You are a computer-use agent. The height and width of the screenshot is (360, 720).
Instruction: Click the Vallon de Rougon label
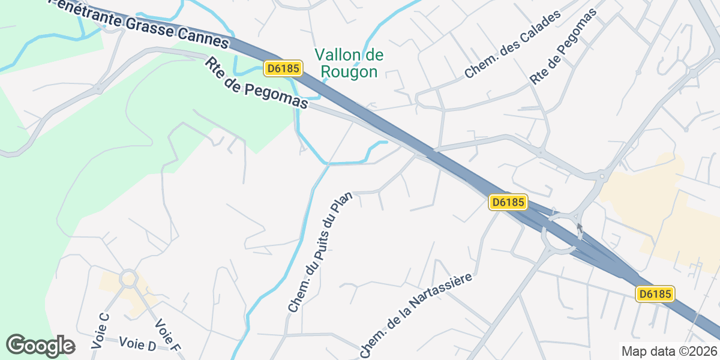349,64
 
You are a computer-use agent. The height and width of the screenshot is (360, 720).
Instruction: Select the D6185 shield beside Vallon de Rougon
283,68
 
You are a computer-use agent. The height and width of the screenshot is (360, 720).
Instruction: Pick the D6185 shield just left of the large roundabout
508,202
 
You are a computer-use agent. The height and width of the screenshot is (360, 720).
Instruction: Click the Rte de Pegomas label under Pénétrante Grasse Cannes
256,83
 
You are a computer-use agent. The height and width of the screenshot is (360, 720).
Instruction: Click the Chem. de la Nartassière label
417,315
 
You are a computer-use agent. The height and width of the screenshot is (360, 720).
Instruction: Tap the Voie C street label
100,331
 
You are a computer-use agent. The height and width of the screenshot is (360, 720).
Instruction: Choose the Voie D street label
137,344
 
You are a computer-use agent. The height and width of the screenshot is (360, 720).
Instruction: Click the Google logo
40,346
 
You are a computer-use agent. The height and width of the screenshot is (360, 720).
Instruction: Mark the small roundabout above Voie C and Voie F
128,278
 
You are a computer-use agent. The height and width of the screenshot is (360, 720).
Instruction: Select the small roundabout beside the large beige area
601,176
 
